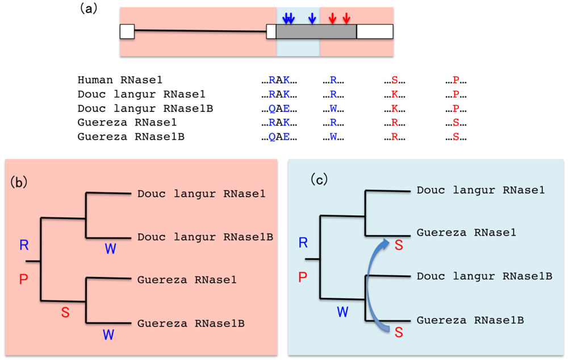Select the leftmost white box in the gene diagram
tap(127, 32)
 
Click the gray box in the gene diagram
tap(316, 32)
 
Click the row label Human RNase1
tap(120, 81)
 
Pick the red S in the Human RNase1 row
tap(395, 81)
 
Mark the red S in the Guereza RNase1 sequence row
tap(456, 123)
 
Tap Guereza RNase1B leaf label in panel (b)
tap(191, 324)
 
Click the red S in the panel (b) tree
tap(65, 312)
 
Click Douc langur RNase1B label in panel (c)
tap(485, 276)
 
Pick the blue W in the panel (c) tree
tap(343, 312)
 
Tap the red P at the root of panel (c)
tap(303, 277)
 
